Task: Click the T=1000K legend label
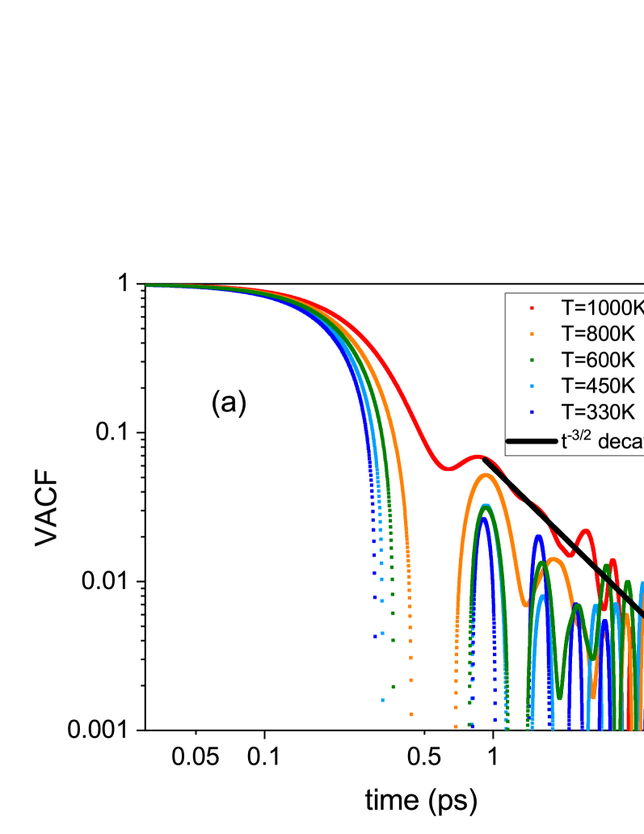pyautogui.click(x=603, y=308)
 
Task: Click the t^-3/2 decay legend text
pyautogui.click(x=602, y=441)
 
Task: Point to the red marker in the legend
pyautogui.click(x=532, y=308)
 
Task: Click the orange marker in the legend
pyautogui.click(x=532, y=334)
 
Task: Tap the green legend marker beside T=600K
pyautogui.click(x=532, y=360)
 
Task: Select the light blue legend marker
pyautogui.click(x=532, y=385)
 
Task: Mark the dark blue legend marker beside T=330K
pyautogui.click(x=532, y=411)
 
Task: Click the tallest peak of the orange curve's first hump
pyautogui.click(x=485, y=475)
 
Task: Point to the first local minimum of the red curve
pyautogui.click(x=446, y=468)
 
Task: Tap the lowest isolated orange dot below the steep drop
pyautogui.click(x=411, y=714)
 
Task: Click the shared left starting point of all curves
pyautogui.click(x=147, y=285)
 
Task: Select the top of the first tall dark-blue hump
pyautogui.click(x=484, y=517)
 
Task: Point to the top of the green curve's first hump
pyautogui.click(x=485, y=508)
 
